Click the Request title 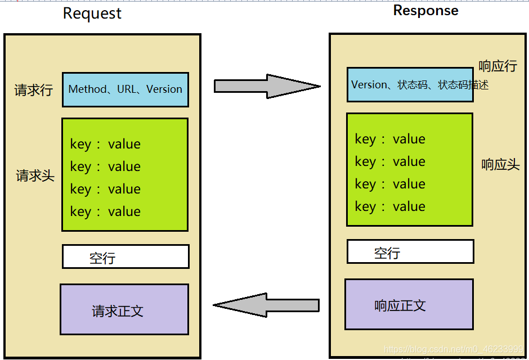92,13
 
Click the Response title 425,11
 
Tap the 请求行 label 33,90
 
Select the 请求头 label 35,175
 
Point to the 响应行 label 497,66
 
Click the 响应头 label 500,165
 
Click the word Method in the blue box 87,89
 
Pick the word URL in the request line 127,89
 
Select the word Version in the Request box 164,89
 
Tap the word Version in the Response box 369,85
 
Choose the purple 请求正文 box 124,309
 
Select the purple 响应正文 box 409,304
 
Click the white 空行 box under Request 125,256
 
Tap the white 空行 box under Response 410,251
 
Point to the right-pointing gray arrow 267,86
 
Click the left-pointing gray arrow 266,305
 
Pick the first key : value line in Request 105,144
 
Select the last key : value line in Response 390,206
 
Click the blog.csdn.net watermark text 454,349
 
